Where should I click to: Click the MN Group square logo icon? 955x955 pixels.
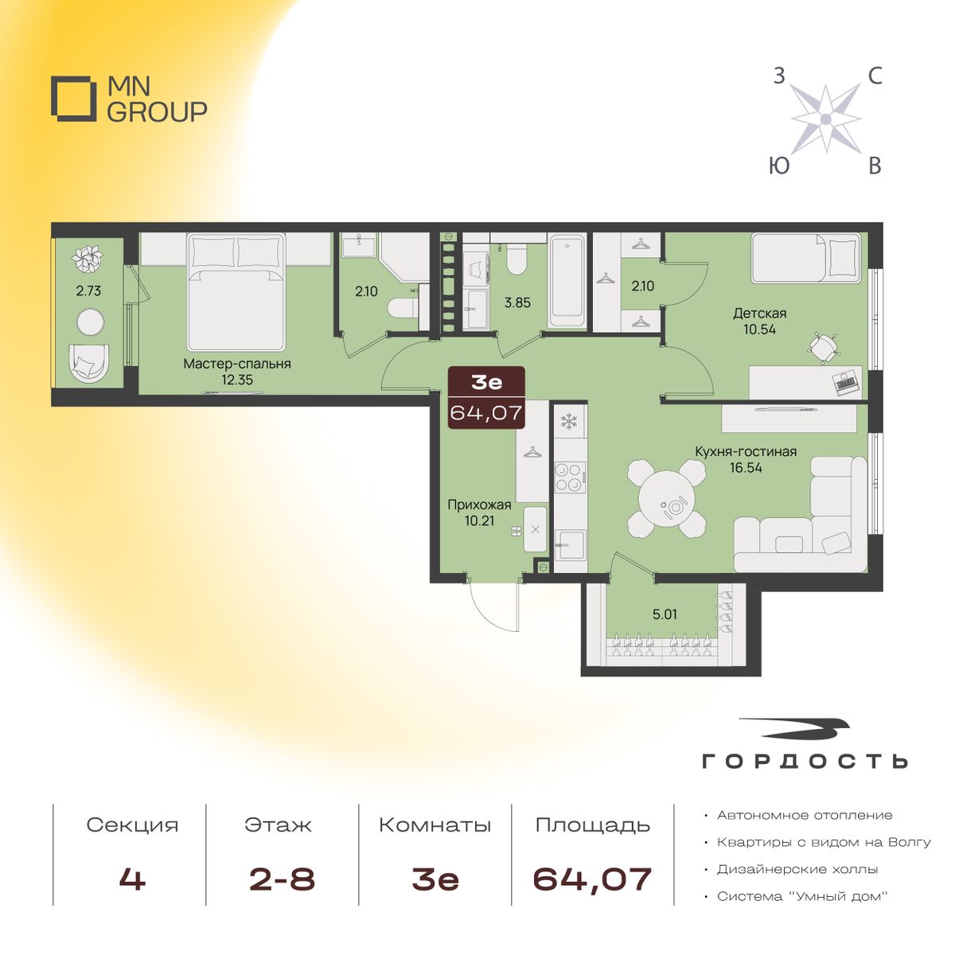coord(73,99)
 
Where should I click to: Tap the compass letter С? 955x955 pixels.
coord(875,77)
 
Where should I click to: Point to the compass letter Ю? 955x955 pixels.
coord(780,166)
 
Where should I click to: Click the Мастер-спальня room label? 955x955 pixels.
coord(237,364)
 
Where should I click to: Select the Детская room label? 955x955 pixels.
coord(760,314)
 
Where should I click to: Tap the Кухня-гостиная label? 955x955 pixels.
coord(746,451)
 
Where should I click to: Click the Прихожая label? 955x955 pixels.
coord(479,505)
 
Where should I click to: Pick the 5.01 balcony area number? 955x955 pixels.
coord(664,614)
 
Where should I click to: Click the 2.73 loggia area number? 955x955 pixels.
coord(88,290)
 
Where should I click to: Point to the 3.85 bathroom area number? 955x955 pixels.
coord(517,302)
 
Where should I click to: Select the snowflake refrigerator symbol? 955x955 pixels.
coord(570,422)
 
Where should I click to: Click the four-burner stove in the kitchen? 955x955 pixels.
coord(571,477)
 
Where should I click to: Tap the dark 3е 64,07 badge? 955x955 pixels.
coord(486,397)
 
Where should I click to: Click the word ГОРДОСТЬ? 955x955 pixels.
coord(805,762)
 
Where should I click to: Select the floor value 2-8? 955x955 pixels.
coord(282,879)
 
